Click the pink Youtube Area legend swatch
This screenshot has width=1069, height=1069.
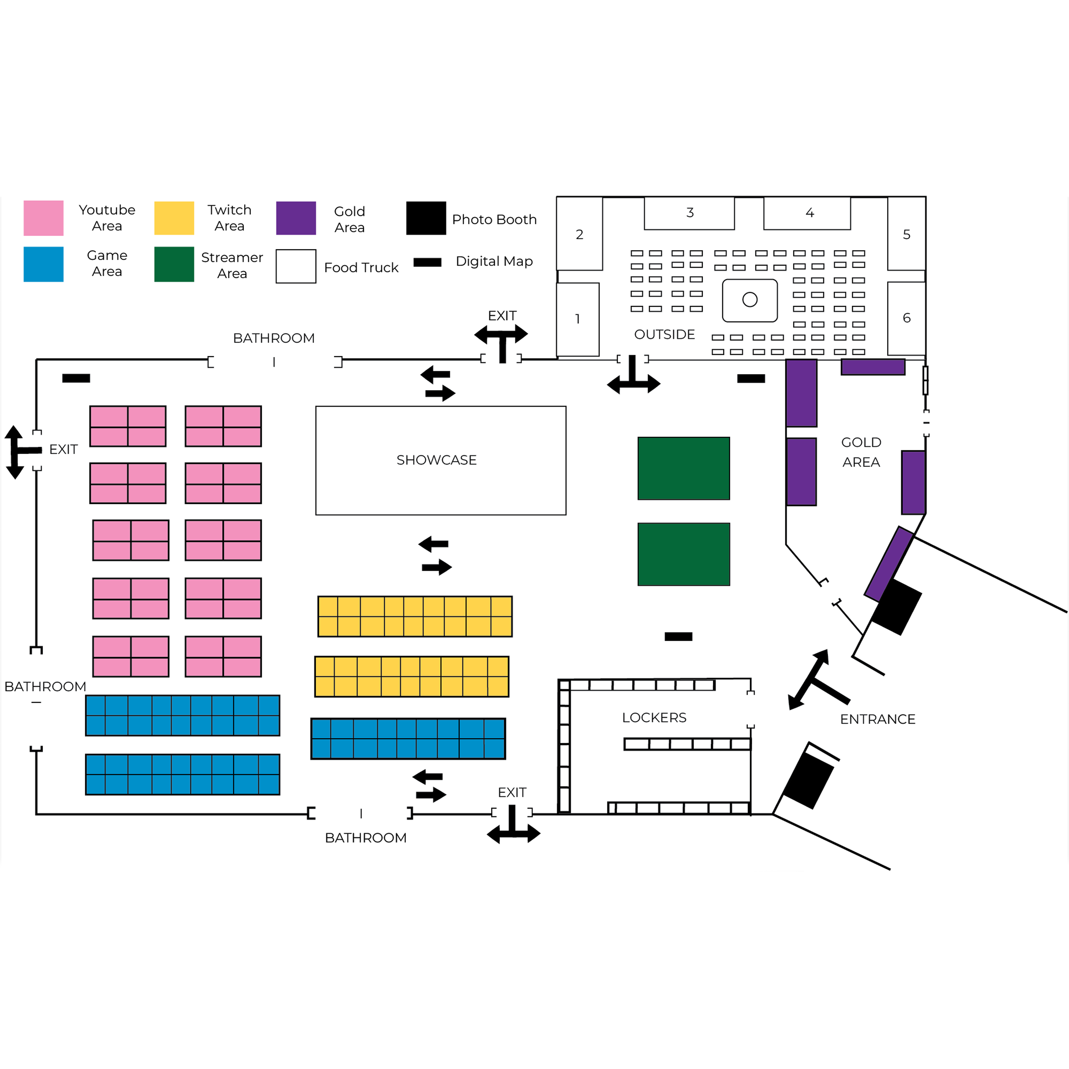43,218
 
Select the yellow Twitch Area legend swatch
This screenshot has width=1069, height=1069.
174,218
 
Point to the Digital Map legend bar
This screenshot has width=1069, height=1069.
427,262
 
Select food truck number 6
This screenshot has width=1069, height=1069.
906,318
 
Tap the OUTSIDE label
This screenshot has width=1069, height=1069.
664,334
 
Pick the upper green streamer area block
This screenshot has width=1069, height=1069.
683,468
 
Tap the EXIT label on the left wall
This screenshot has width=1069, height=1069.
63,449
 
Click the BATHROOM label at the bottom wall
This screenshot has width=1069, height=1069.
365,838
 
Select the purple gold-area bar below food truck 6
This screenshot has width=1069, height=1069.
873,367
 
